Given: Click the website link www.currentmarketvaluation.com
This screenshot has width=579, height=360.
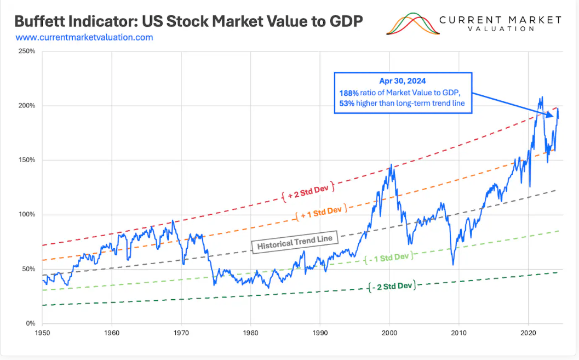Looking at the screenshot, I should point(84,38).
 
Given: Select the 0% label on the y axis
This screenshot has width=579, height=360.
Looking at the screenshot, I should point(30,323).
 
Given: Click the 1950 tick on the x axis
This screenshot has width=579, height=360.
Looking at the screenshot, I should point(42,333).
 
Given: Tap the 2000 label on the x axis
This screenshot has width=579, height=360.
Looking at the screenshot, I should point(389,333).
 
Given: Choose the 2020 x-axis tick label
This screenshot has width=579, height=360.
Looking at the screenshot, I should point(528,333).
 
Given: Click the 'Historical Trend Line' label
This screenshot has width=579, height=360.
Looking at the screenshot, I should point(295,242).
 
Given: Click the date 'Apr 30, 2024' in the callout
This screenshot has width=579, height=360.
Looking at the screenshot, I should point(403,80).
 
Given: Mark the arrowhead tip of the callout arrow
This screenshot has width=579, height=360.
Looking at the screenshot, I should point(554,116).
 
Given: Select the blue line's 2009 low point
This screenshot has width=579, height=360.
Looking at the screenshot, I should point(453,265).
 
